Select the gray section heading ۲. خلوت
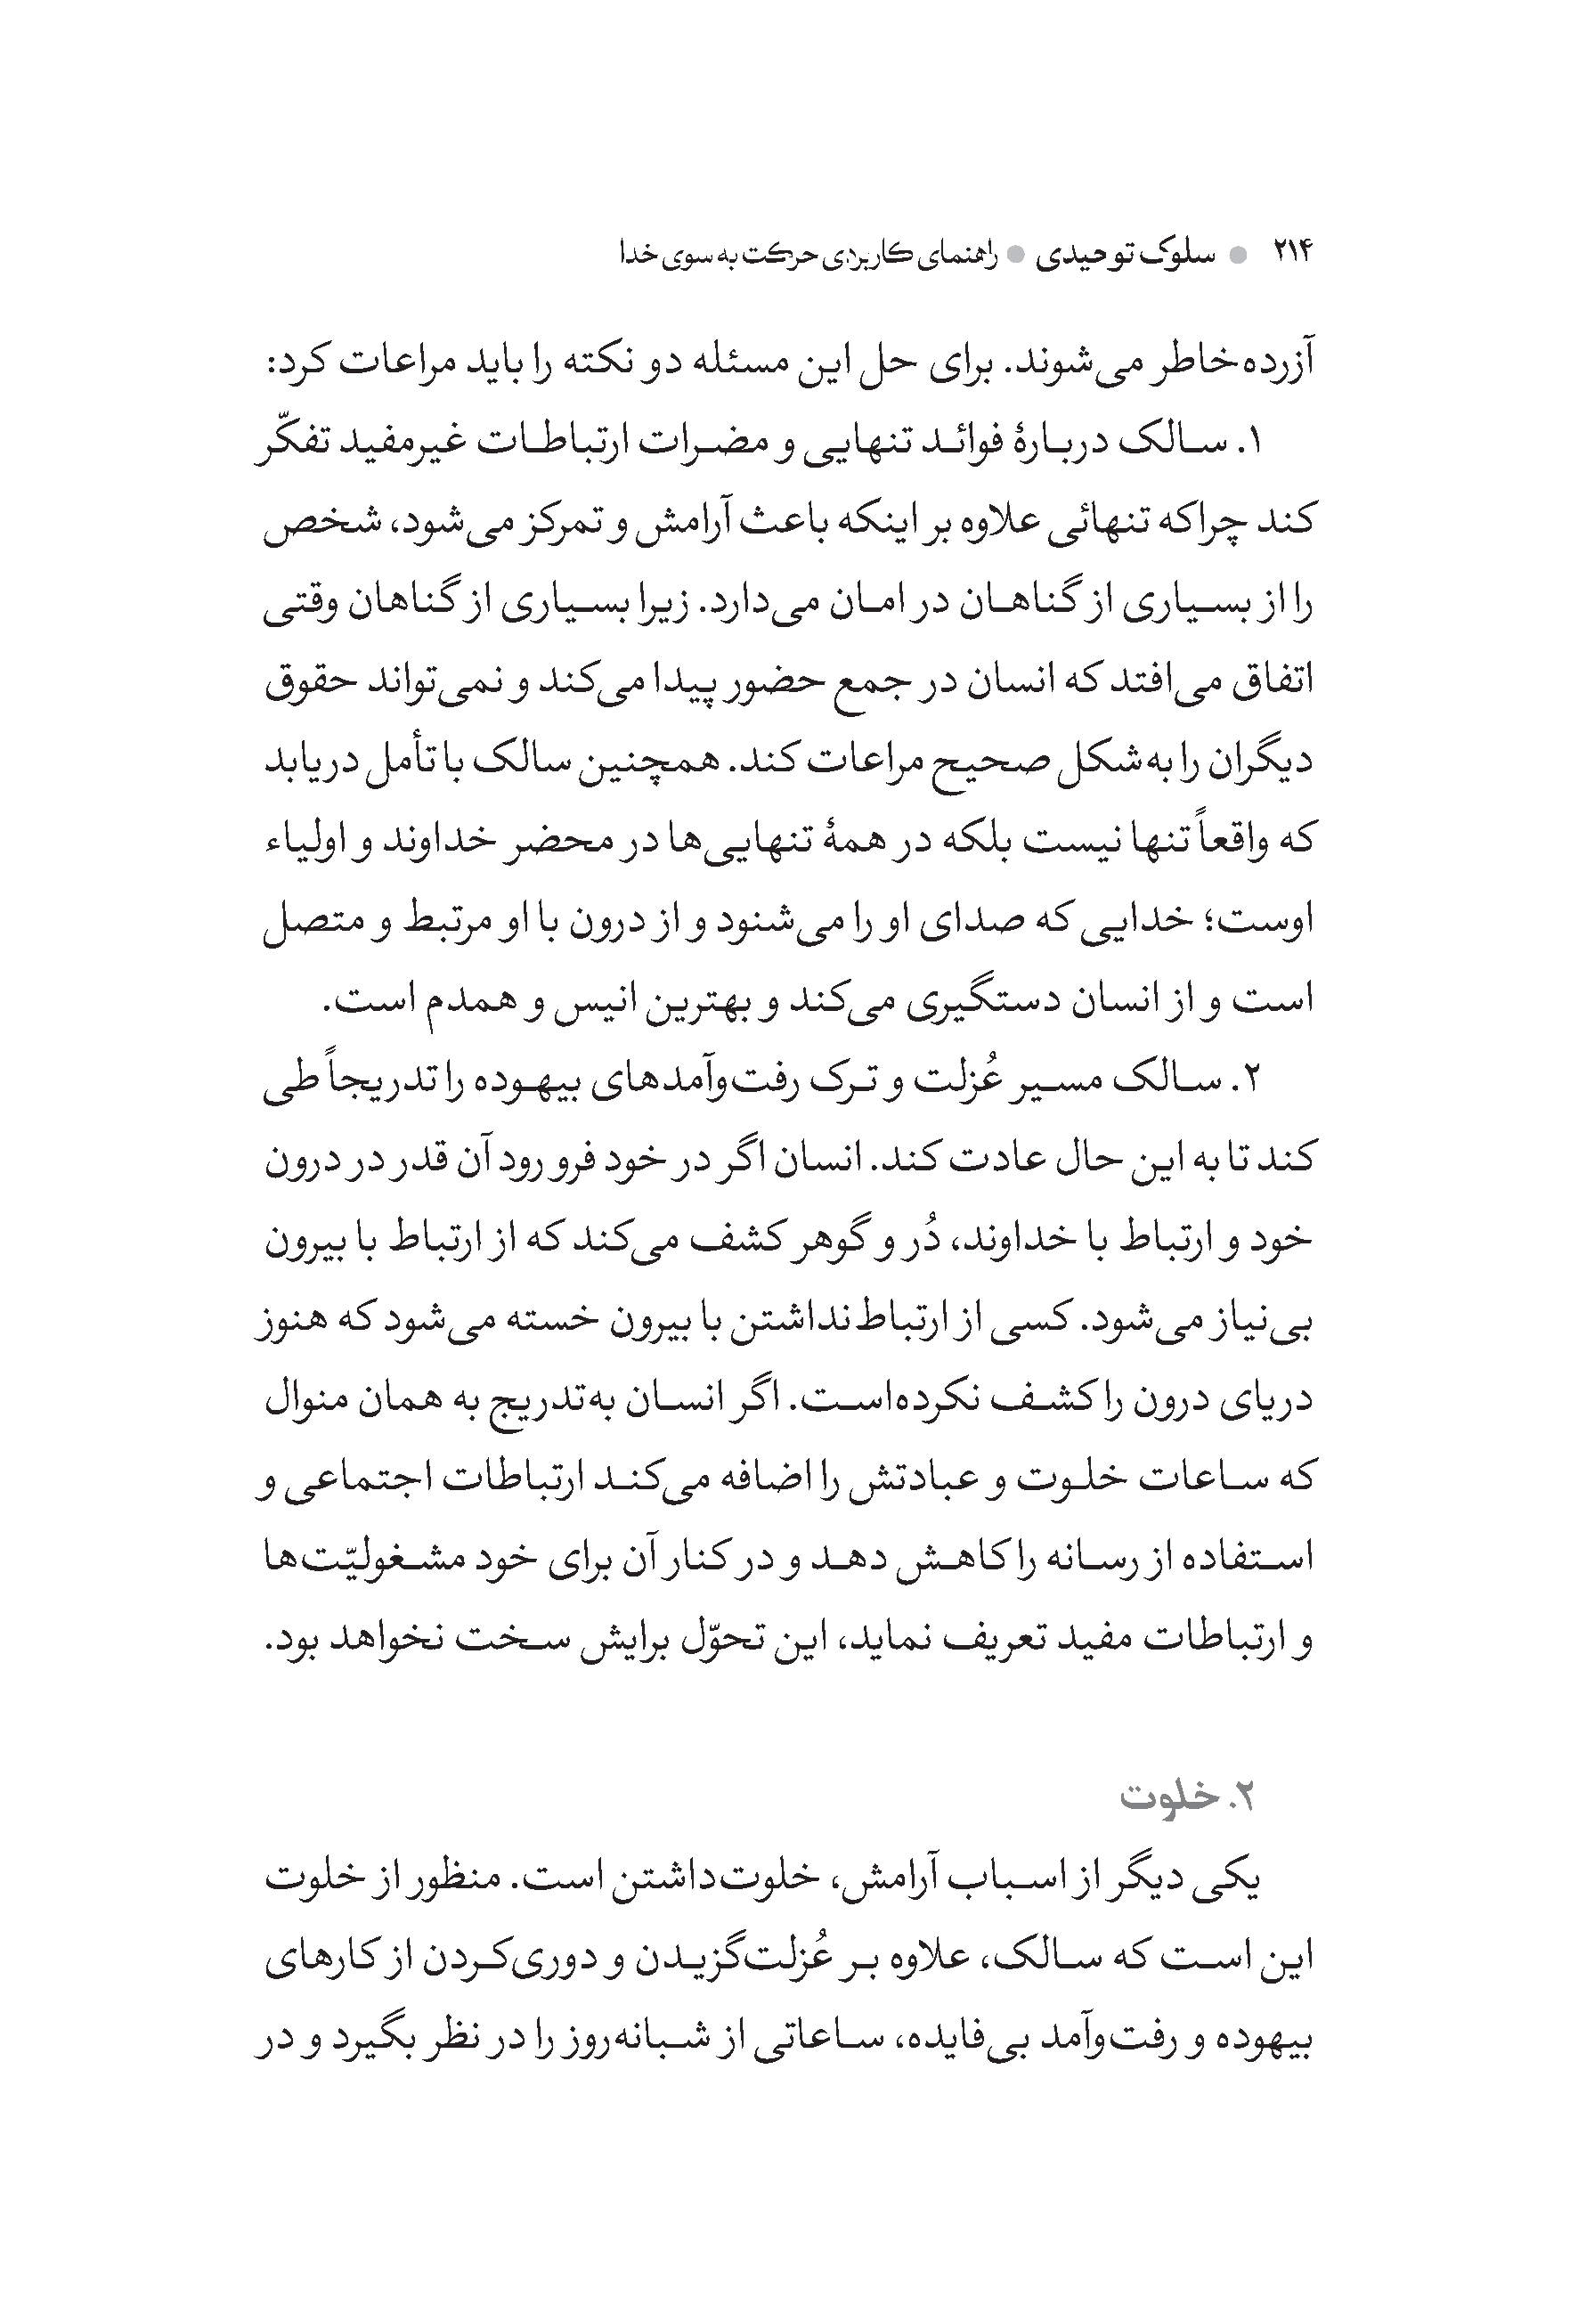click(x=1186, y=1797)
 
